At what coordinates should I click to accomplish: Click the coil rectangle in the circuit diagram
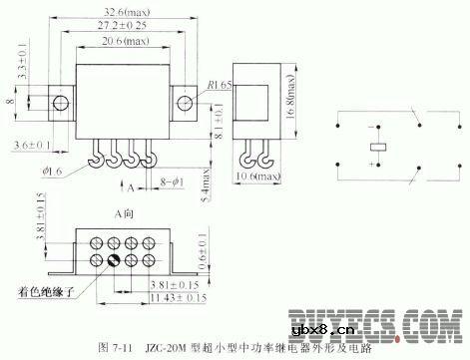(377, 148)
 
